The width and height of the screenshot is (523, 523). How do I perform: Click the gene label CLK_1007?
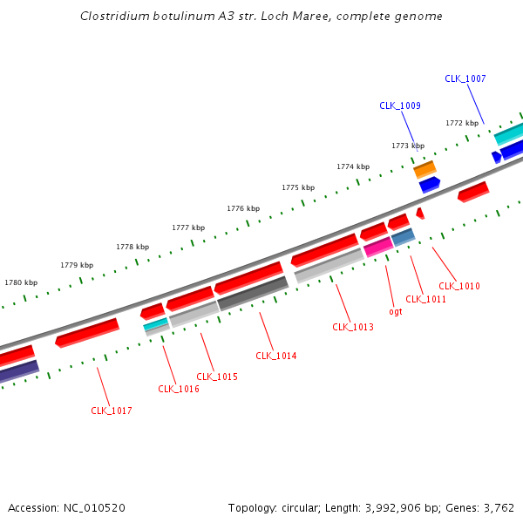(465, 78)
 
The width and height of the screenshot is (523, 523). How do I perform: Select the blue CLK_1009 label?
(399, 105)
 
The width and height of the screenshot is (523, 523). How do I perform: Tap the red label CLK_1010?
(458, 286)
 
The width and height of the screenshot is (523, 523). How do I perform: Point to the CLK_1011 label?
(425, 299)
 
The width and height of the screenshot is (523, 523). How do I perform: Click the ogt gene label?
(395, 311)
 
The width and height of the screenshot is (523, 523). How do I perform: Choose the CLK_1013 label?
(352, 327)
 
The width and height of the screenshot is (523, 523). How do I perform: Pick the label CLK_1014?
(275, 356)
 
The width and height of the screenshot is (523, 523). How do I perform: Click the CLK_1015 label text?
(216, 377)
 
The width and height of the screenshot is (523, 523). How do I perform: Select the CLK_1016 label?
(178, 389)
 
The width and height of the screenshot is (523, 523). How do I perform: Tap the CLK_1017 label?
(112, 411)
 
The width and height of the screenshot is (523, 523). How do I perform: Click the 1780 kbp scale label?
(21, 282)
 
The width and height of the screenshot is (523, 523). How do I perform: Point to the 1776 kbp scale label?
(243, 208)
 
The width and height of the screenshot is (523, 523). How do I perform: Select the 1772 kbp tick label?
(462, 123)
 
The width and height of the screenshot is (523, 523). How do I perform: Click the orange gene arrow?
(425, 167)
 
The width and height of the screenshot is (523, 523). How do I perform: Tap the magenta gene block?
(378, 247)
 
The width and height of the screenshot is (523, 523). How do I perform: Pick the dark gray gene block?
(253, 294)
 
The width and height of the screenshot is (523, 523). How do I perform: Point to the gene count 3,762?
(499, 507)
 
